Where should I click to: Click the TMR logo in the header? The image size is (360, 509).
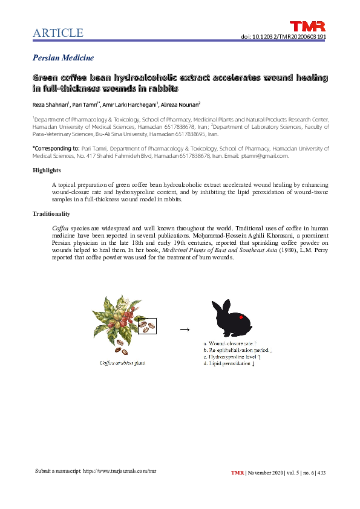click(x=308, y=26)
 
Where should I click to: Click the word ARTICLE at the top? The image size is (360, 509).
click(x=58, y=33)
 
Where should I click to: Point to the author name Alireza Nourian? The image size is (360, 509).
click(x=184, y=103)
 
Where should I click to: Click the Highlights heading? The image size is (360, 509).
click(x=47, y=170)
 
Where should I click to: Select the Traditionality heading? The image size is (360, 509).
click(x=51, y=213)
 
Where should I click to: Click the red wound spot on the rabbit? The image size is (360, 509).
click(x=241, y=317)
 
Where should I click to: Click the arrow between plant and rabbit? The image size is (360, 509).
click(x=185, y=329)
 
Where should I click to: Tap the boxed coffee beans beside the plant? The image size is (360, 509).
click(x=147, y=326)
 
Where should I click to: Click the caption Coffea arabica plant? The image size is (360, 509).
click(x=122, y=363)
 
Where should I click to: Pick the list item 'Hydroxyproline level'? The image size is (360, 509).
click(x=232, y=357)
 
